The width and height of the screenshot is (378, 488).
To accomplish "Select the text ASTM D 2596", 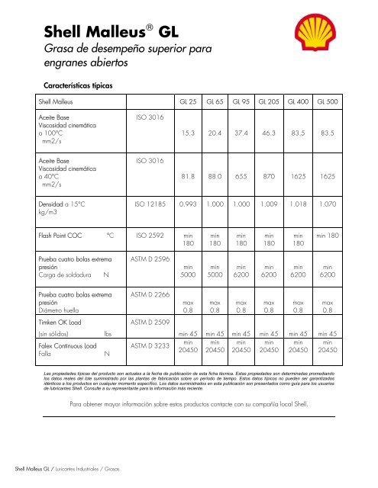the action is (x=146, y=259).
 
